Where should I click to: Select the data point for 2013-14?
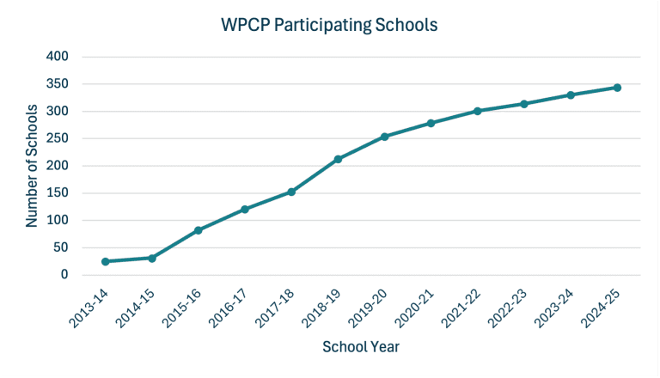105,261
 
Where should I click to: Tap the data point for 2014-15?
151,258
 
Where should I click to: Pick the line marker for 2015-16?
198,230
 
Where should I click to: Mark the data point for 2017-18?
291,192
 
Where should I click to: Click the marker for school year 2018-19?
338,159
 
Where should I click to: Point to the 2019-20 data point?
384,137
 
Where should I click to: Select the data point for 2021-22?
477,111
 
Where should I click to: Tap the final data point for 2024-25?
617,88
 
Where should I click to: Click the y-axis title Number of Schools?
32,165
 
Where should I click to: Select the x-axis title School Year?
360,347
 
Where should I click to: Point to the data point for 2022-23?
523,104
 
